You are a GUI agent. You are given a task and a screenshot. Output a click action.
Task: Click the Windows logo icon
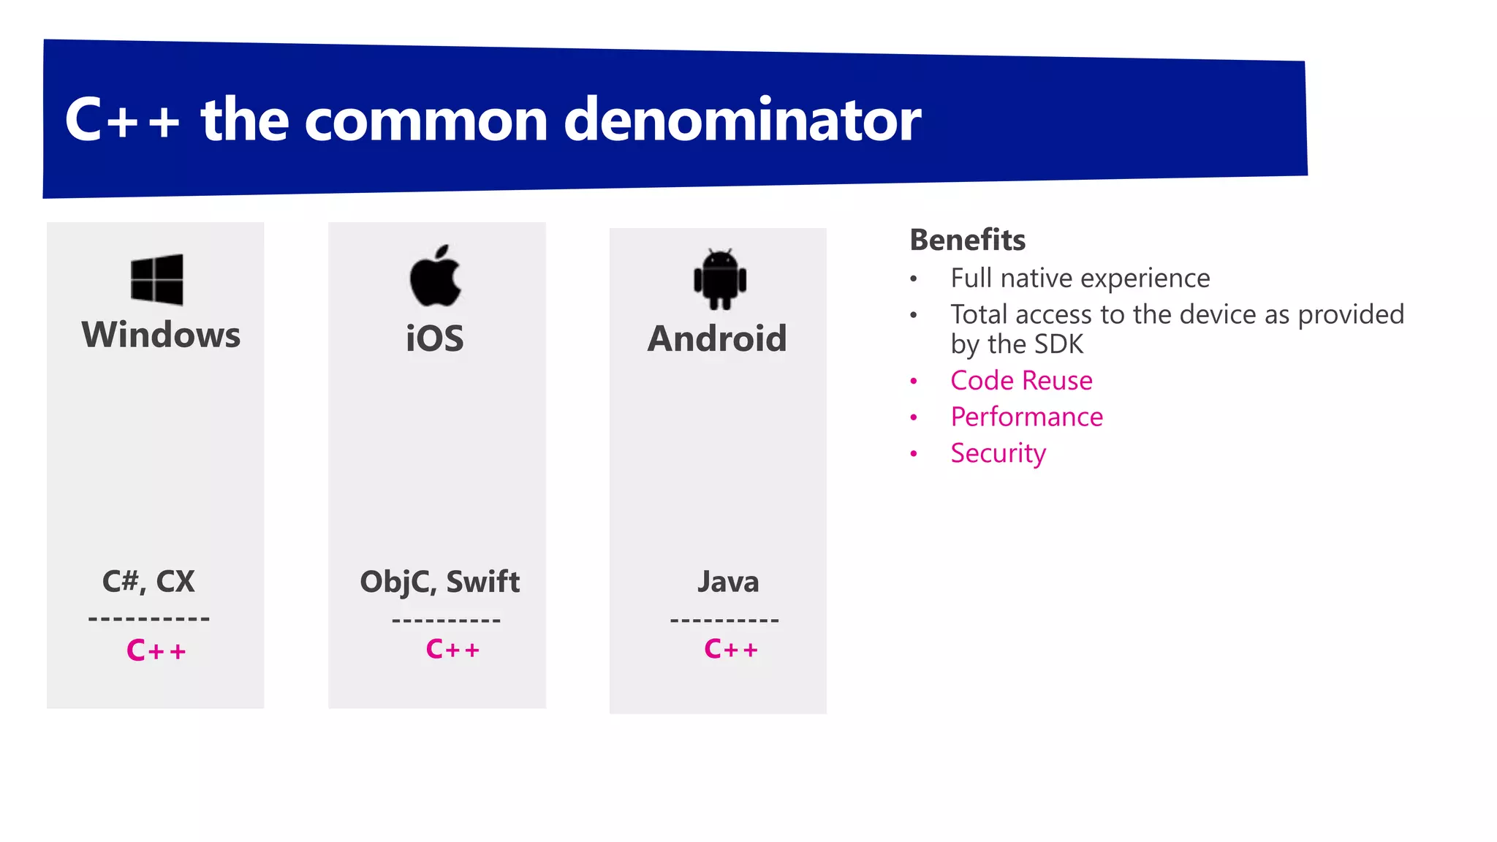click(x=156, y=279)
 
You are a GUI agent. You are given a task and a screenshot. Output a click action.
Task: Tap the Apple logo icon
click(x=435, y=276)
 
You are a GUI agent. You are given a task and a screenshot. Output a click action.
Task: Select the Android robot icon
click(x=720, y=279)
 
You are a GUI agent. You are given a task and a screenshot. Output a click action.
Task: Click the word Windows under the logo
click(x=161, y=335)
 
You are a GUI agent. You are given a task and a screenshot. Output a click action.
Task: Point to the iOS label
click(x=435, y=338)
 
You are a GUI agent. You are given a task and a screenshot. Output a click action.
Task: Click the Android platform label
click(x=717, y=338)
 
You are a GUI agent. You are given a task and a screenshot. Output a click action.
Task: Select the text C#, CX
click(x=148, y=582)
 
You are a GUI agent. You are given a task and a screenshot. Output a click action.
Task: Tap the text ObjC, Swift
click(x=439, y=582)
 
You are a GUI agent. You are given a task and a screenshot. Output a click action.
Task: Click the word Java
click(x=728, y=582)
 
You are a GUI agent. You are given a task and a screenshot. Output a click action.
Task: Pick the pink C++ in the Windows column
click(x=156, y=650)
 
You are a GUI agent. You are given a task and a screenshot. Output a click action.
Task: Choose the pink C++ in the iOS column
click(x=452, y=649)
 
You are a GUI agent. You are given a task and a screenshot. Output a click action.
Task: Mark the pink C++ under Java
click(x=731, y=649)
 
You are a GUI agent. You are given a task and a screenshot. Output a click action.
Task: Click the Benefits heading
click(x=967, y=240)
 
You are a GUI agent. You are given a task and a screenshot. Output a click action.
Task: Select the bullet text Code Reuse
click(x=1021, y=380)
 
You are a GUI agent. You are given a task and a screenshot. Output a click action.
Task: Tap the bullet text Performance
click(x=1026, y=417)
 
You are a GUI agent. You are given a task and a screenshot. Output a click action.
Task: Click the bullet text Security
click(x=998, y=453)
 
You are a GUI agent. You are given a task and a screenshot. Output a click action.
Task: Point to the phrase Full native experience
click(x=1080, y=278)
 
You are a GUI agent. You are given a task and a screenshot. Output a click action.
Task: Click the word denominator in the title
click(x=742, y=119)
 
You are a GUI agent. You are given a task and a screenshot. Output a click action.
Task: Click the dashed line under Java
click(x=724, y=621)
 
